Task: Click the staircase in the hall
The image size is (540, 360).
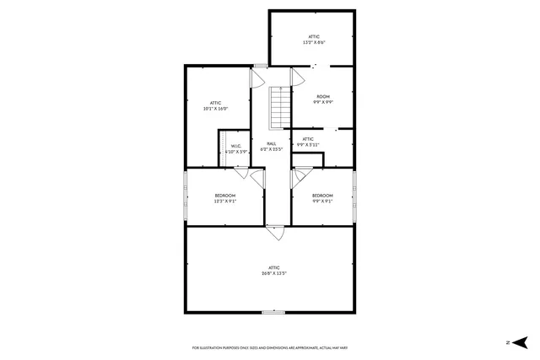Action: tap(279, 108)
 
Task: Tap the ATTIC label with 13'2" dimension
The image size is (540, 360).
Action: tap(314, 40)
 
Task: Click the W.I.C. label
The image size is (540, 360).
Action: tap(237, 149)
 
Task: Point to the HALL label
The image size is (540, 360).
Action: tap(272, 147)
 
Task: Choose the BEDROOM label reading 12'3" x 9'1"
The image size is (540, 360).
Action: tap(224, 198)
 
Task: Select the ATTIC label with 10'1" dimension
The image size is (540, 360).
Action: tap(216, 106)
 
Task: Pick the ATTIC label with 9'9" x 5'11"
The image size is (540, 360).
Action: tap(308, 142)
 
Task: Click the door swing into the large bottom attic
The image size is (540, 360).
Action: tap(275, 230)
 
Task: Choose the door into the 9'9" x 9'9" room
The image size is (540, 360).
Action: tap(297, 77)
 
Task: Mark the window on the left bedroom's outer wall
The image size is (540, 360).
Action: tap(185, 196)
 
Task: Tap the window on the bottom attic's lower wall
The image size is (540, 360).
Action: tap(273, 312)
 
